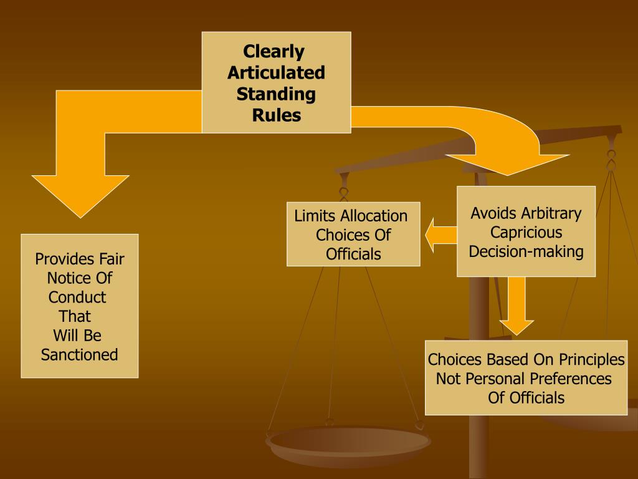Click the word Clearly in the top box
[x=274, y=51]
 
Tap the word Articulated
[x=276, y=73]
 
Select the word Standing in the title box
[x=276, y=94]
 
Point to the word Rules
[x=276, y=115]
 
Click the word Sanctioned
[x=79, y=355]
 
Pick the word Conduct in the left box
[x=77, y=297]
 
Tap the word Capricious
[x=526, y=233]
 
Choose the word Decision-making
[x=526, y=252]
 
